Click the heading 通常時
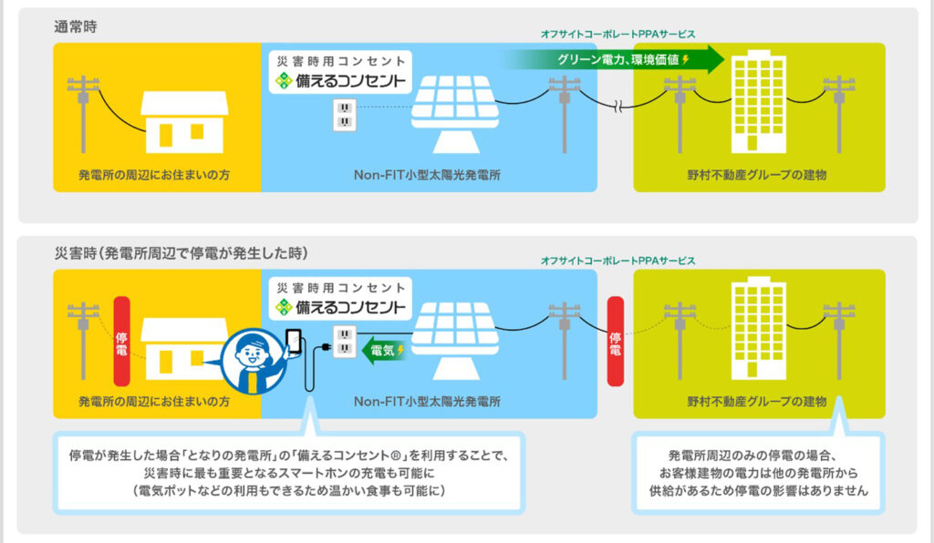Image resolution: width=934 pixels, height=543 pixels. (x=76, y=26)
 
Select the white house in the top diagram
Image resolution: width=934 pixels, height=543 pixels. (x=184, y=122)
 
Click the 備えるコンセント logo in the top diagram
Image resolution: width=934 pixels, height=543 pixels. (x=340, y=80)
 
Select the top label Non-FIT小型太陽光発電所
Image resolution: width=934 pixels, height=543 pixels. (x=429, y=173)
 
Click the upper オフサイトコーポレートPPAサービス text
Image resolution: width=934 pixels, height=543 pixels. (x=617, y=34)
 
